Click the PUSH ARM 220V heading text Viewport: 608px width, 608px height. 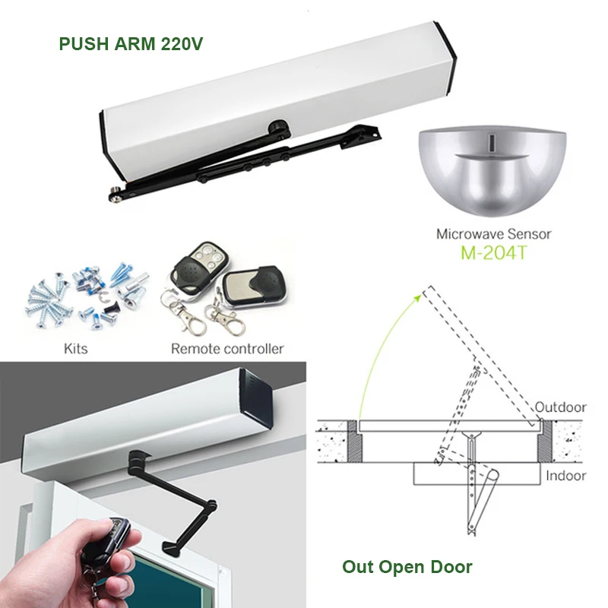[131, 43]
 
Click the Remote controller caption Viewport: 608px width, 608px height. [227, 349]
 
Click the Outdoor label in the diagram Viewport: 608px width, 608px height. [560, 407]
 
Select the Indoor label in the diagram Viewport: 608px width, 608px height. [566, 476]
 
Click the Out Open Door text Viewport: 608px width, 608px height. [407, 567]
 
